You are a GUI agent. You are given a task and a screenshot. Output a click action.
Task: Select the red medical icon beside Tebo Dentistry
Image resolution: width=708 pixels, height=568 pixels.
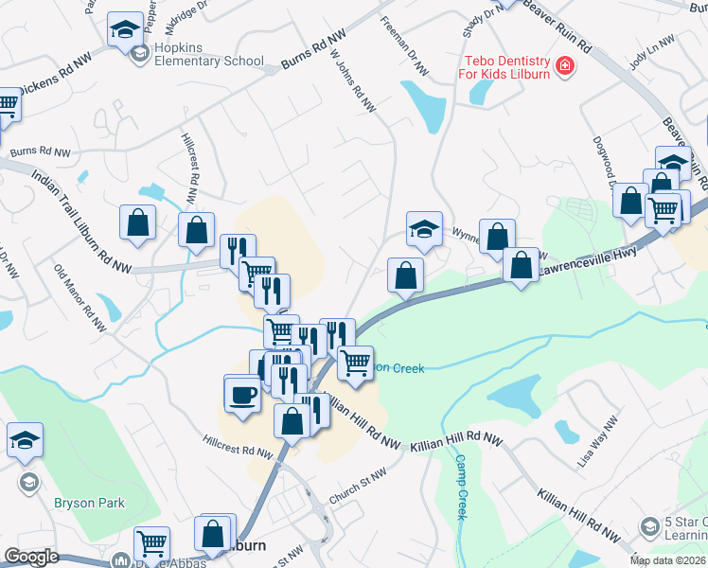click(565, 65)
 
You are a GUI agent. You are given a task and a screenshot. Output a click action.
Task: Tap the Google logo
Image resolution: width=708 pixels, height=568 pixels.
click(30, 557)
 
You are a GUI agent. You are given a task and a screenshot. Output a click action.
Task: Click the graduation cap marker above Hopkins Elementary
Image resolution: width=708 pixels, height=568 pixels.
click(125, 29)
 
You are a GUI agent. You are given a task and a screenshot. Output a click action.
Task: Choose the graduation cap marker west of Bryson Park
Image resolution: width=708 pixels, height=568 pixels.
click(25, 440)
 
